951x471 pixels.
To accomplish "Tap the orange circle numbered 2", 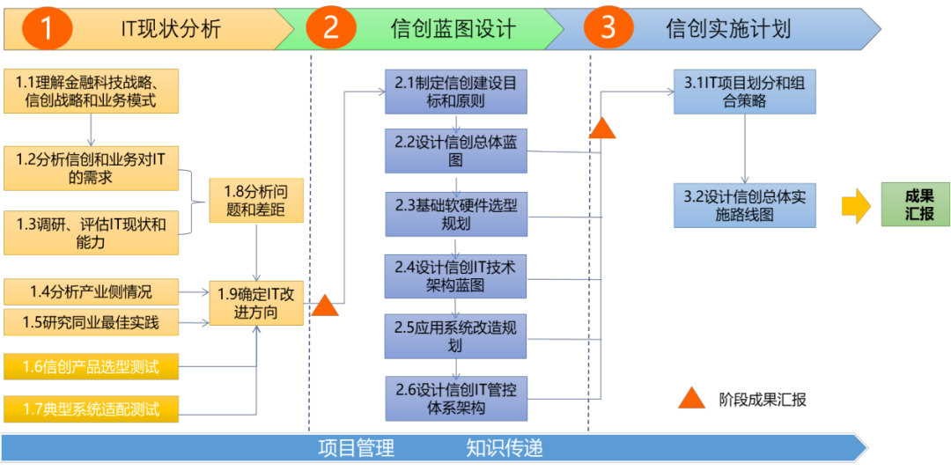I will (x=331, y=28).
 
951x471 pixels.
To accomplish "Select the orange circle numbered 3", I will (x=608, y=28).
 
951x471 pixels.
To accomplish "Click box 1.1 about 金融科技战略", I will (x=91, y=92).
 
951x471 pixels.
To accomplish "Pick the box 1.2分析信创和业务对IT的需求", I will (x=91, y=168).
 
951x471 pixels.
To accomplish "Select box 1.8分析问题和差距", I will (x=255, y=201).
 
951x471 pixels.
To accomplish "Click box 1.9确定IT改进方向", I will (x=255, y=303).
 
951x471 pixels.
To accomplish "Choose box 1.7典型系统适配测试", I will (x=91, y=408).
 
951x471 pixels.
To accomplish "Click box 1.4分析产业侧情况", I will (x=91, y=291).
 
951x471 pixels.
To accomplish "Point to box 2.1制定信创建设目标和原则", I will (x=455, y=92).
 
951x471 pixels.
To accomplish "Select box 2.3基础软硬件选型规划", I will (x=455, y=214).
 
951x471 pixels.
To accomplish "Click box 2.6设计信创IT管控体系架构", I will (x=455, y=399).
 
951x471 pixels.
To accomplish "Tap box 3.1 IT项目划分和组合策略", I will (x=745, y=92).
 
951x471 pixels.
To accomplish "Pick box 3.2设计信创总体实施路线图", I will (x=745, y=206).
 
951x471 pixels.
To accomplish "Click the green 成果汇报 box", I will (x=916, y=204).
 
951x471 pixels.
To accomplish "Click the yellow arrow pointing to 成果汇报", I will (x=855, y=205).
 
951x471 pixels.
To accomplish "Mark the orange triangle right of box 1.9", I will (x=325, y=306).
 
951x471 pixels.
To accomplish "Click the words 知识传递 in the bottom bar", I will (x=504, y=448).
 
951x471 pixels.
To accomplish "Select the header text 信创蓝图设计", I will (x=453, y=29).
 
